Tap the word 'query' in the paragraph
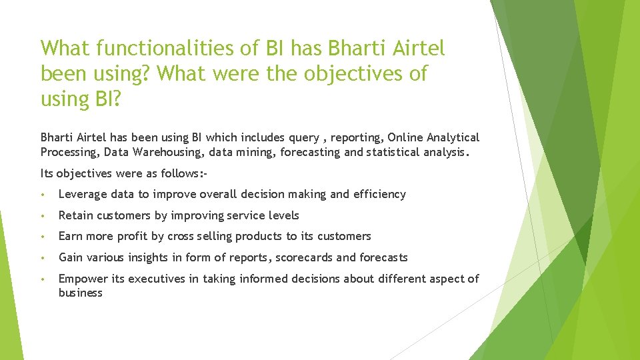(x=303, y=137)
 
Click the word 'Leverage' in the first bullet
(x=83, y=194)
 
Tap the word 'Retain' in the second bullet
(x=75, y=215)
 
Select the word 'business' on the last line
(x=80, y=293)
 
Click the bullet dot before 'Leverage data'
(x=43, y=195)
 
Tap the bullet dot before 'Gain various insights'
(x=43, y=258)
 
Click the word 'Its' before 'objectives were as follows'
(x=47, y=173)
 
